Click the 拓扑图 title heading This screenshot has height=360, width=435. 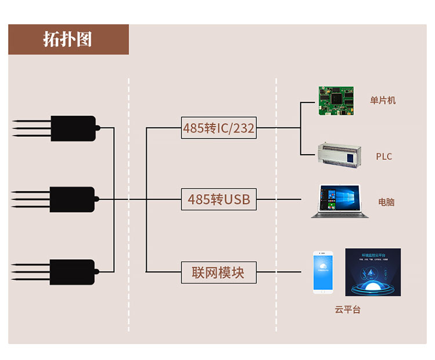click(x=68, y=39)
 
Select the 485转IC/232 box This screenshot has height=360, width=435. click(x=219, y=128)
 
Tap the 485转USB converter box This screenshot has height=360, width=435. click(x=219, y=199)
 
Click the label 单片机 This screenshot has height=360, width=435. click(x=383, y=100)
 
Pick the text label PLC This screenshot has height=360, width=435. click(x=383, y=157)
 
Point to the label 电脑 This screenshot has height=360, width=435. click(x=386, y=202)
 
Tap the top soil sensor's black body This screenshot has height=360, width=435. click(x=73, y=128)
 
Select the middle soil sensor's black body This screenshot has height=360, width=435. click(x=72, y=199)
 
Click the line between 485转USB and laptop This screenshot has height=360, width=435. click(x=278, y=199)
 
